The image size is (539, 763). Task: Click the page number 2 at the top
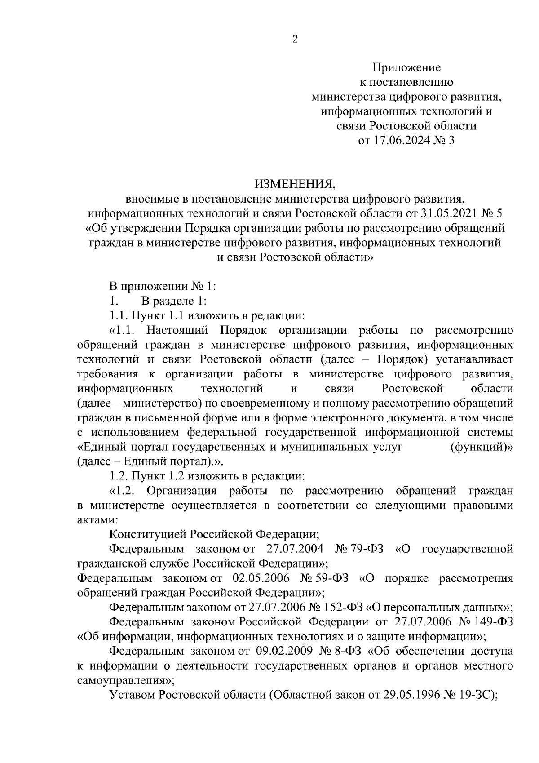tap(295, 40)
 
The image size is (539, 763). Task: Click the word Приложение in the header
tap(406, 68)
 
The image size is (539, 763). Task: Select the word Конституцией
tap(147, 534)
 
